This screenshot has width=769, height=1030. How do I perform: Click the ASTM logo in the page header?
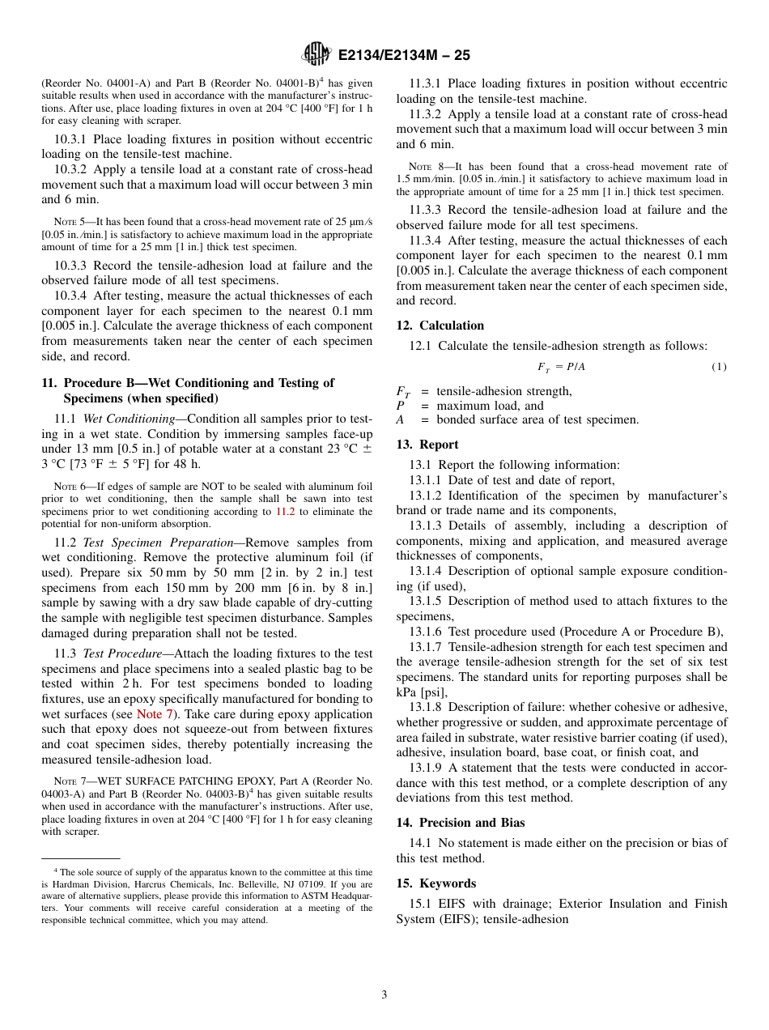point(316,55)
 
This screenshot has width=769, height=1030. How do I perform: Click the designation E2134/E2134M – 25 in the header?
point(403,56)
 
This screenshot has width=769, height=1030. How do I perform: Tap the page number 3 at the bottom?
point(384,994)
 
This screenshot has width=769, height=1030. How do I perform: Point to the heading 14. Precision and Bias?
point(460,823)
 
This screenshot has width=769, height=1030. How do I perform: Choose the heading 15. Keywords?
point(435,883)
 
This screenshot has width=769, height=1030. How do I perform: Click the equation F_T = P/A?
point(561,368)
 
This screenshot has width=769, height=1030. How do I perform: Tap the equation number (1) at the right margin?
point(719,368)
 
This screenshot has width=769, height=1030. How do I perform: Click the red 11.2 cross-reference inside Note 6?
point(284,512)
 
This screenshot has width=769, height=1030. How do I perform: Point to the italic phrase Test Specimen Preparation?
point(156,543)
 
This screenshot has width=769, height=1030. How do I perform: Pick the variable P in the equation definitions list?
point(400,406)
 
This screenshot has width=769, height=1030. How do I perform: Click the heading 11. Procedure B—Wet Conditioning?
point(198,383)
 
